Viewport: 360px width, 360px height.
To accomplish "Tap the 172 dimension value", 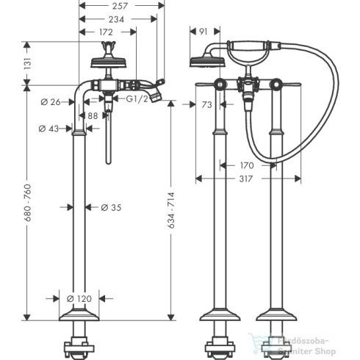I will click(x=107, y=32).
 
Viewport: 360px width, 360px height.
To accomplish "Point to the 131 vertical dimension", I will click(x=27, y=64).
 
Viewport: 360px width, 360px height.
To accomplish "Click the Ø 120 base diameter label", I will click(x=79, y=298).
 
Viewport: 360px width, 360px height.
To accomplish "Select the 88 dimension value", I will click(x=93, y=115).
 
